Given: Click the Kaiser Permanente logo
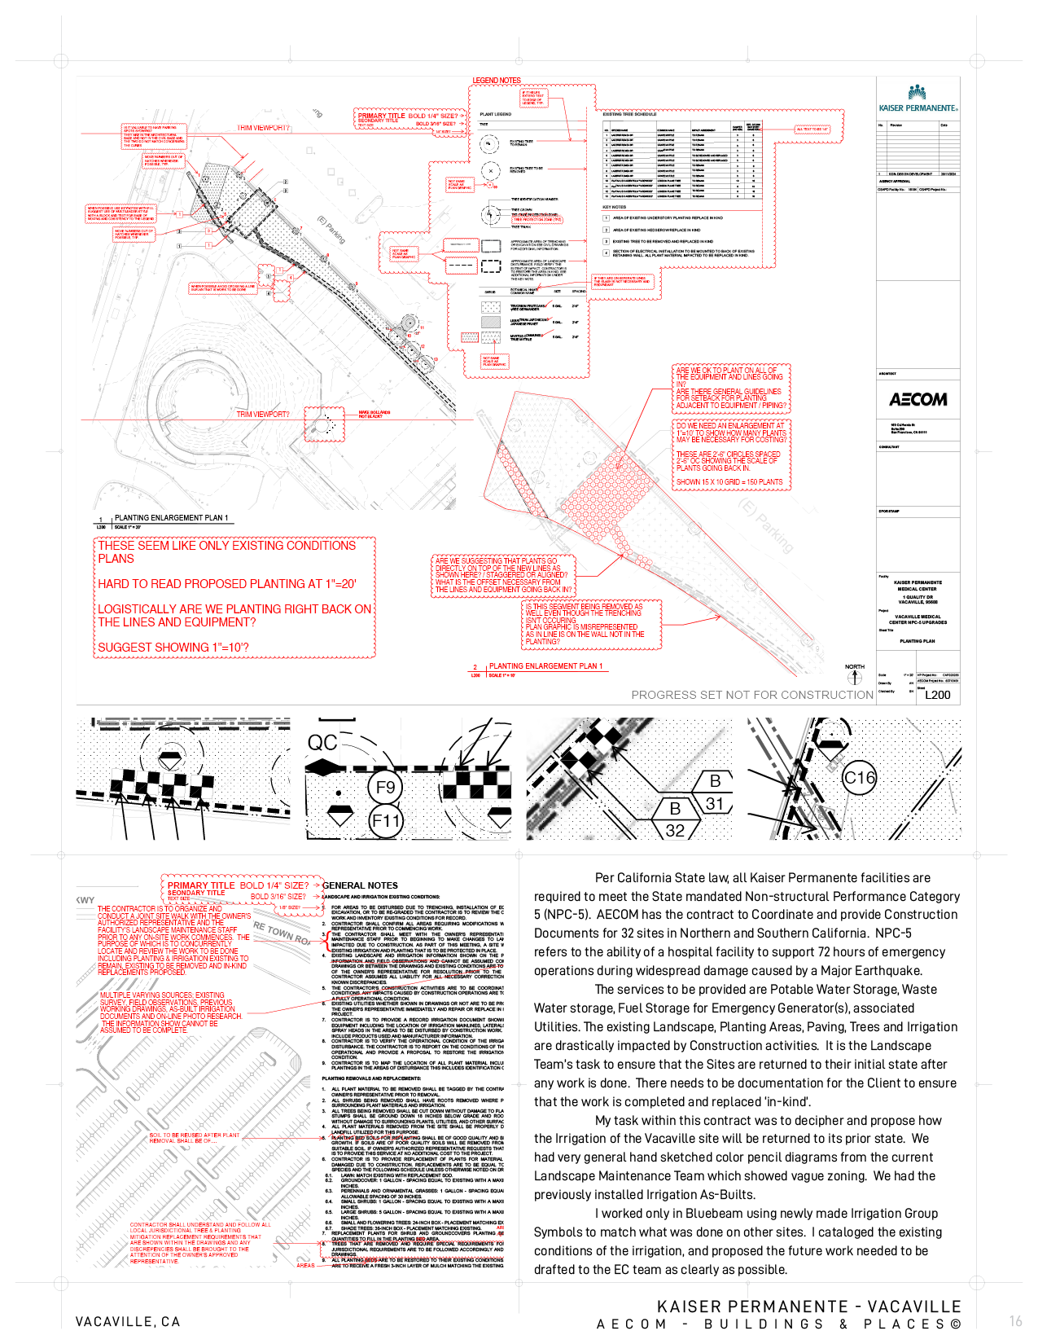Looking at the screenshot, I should pos(918,98).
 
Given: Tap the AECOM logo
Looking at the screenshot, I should pos(918,399).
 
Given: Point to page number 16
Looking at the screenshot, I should pos(1015,1321).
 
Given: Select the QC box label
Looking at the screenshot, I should pos(322,743).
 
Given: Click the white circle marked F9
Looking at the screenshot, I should pos(385,788).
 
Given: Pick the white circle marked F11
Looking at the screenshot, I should pos(386,821).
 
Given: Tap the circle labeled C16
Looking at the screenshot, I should pos(859,778).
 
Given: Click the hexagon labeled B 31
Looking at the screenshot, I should pos(714,793).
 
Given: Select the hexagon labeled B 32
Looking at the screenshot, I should pos(675,819).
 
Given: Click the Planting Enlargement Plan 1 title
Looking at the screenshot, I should pos(546,666).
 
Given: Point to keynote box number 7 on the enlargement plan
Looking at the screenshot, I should pos(705,537).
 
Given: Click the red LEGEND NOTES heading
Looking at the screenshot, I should pos(497,81).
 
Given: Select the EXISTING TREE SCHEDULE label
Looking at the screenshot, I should pos(630,115).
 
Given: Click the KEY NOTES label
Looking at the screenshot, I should pos(615,207).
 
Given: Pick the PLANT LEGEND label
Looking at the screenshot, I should pos(496,115).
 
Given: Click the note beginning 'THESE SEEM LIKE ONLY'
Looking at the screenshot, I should pos(234,596).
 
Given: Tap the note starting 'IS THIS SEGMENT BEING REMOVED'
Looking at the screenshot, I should pos(592,624).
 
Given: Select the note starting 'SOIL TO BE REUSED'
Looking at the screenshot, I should pos(195,1138).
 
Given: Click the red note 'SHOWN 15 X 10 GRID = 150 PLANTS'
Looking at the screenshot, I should pos(729,482).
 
